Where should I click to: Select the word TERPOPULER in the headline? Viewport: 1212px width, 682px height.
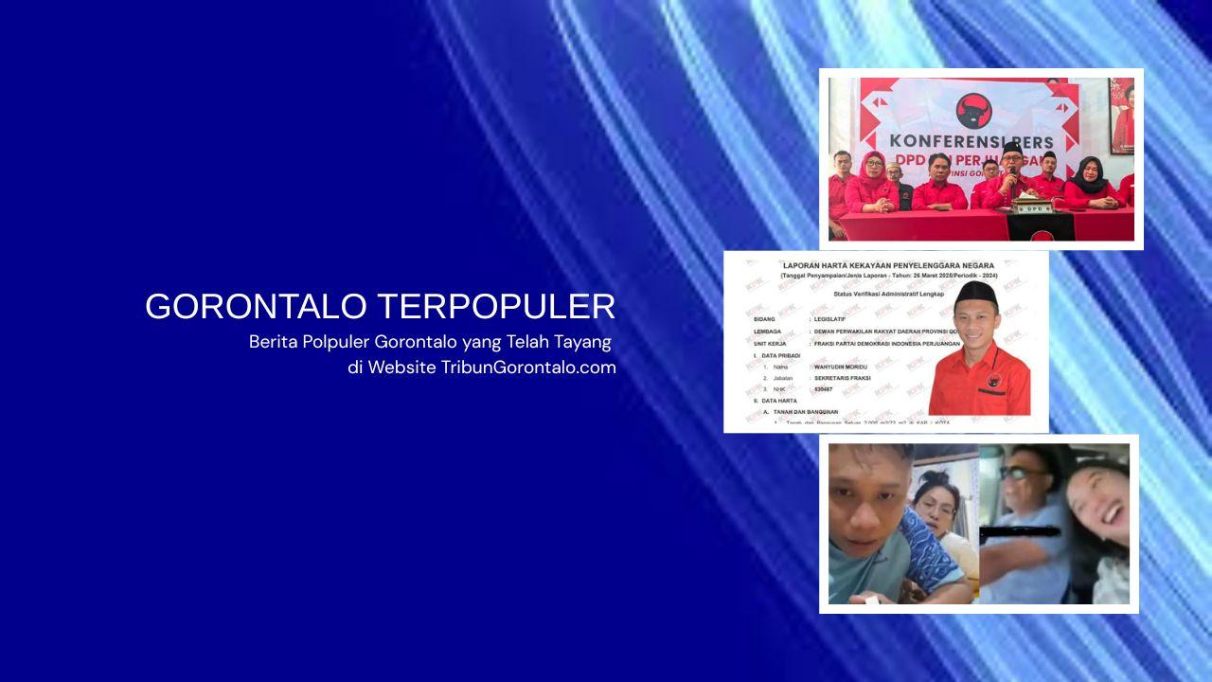click(496, 307)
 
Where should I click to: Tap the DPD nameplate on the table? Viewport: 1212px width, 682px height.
click(1030, 207)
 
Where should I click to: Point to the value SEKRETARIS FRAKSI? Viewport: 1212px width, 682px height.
click(840, 377)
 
